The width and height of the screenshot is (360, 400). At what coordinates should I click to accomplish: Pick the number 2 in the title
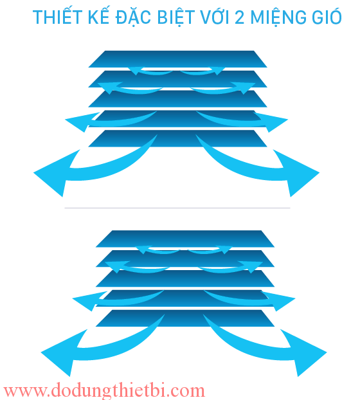point(240,17)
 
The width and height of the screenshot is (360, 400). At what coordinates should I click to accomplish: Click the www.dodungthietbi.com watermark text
point(104,390)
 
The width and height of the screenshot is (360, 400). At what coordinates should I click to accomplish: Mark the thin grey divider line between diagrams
point(177,208)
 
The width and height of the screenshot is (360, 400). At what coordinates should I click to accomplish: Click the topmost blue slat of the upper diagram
point(177,59)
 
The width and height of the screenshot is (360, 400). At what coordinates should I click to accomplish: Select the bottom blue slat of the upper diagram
point(177,138)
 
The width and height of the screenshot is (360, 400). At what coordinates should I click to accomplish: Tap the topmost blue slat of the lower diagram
point(185,239)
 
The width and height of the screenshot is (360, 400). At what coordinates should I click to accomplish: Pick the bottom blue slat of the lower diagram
point(185,318)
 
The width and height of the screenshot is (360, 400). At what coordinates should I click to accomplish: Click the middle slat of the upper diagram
point(177,99)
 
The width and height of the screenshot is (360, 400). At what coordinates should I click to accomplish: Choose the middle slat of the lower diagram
point(185,278)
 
